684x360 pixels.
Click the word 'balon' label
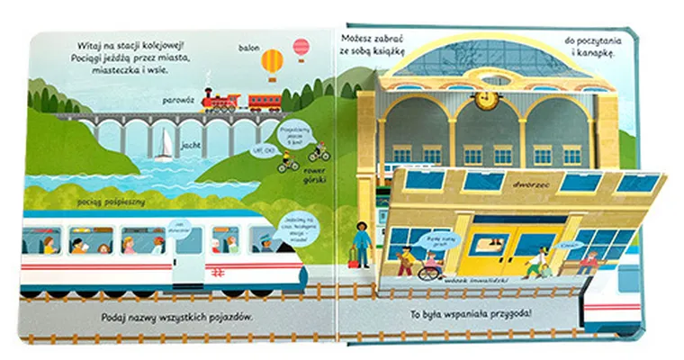coord(249,46)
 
